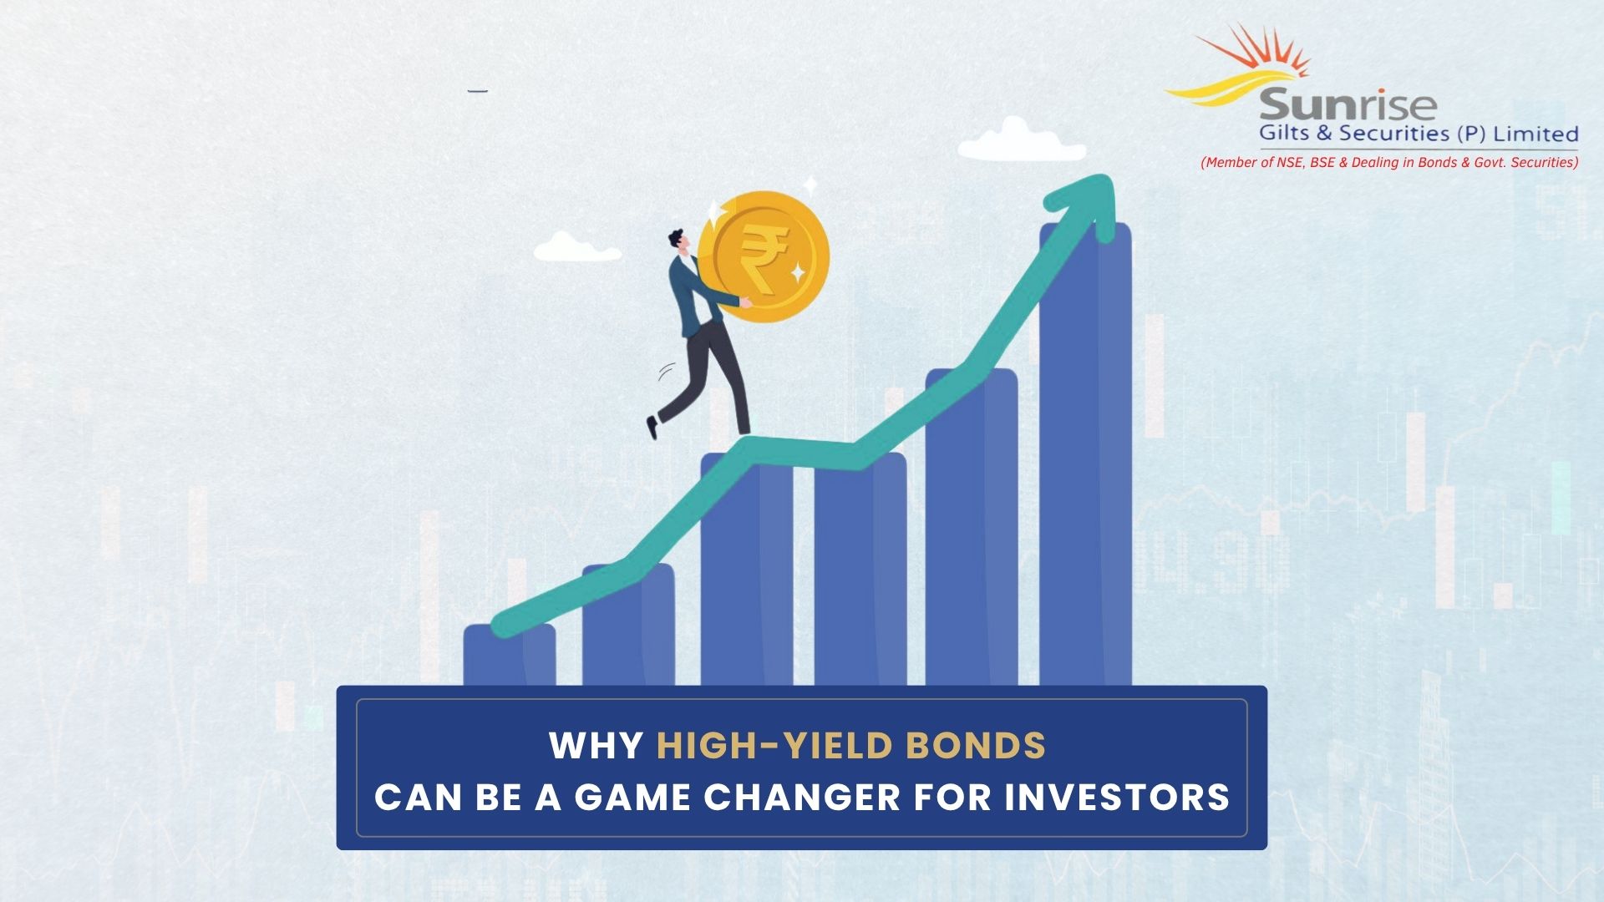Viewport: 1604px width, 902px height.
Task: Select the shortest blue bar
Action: pos(509,660)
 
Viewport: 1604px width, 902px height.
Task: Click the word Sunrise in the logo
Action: pos(1347,106)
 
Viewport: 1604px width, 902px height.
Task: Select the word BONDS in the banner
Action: pos(976,746)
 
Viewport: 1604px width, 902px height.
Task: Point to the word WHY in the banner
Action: pos(596,746)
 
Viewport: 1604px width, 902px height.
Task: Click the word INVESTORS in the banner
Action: pos(1117,798)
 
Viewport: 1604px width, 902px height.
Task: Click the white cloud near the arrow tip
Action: pos(1021,142)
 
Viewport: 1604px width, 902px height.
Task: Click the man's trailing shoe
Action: pos(652,427)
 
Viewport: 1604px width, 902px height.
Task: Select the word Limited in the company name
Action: pos(1535,134)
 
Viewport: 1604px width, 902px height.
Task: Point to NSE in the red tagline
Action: pos(1290,162)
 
